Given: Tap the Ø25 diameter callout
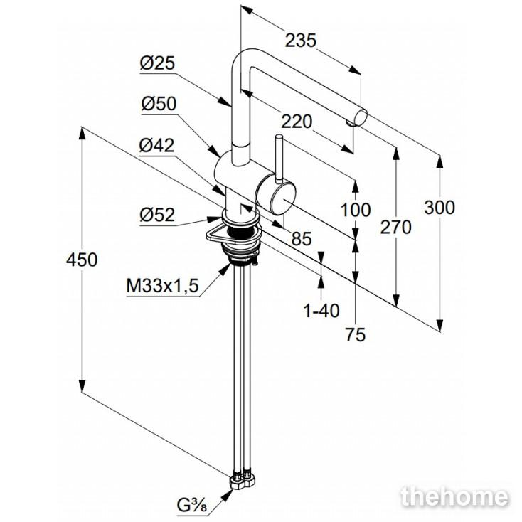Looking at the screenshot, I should click(158, 64).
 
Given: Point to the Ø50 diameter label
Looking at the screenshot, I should click(158, 104).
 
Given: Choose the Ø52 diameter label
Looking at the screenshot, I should click(157, 215).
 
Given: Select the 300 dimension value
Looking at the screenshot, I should click(438, 208).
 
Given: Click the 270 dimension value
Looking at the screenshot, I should click(396, 228).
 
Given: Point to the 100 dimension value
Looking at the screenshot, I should click(356, 210).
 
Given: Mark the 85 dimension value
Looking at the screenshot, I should click(302, 240).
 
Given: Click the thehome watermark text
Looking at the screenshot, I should click(454, 496).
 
